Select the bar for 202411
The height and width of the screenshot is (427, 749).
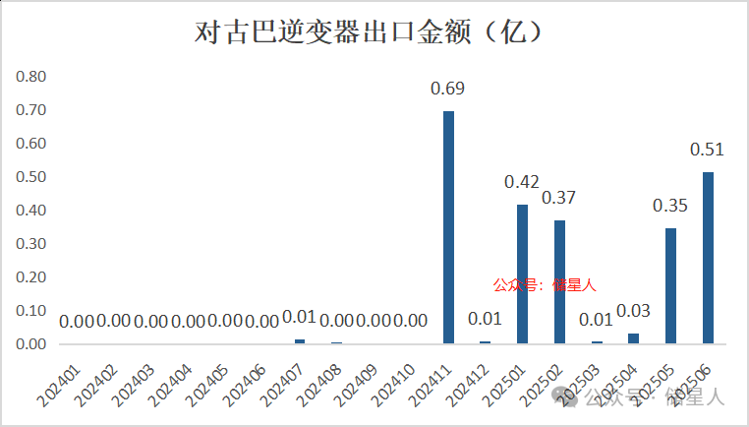pyautogui.click(x=448, y=227)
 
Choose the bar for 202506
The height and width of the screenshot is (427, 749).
pyautogui.click(x=707, y=259)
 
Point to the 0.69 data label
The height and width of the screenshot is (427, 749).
pyautogui.click(x=448, y=90)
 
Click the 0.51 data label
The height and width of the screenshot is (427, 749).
pyautogui.click(x=707, y=151)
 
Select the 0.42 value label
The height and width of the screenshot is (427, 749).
pyautogui.click(x=522, y=182)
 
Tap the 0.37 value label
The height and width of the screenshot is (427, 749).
pyautogui.click(x=559, y=198)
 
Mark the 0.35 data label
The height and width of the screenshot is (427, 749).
pyautogui.click(x=670, y=206)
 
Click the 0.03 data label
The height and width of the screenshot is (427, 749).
pyautogui.click(x=633, y=312)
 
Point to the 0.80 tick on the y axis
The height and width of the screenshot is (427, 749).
pyautogui.click(x=30, y=77)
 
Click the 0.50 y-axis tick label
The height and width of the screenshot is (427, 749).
pyautogui.click(x=30, y=177)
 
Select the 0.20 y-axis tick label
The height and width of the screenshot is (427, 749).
pyautogui.click(x=30, y=277)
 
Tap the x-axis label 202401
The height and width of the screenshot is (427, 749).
pyautogui.click(x=61, y=379)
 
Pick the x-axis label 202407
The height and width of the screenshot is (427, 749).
pyautogui.click(x=283, y=379)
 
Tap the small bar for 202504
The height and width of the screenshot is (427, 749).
pyautogui.click(x=633, y=338)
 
